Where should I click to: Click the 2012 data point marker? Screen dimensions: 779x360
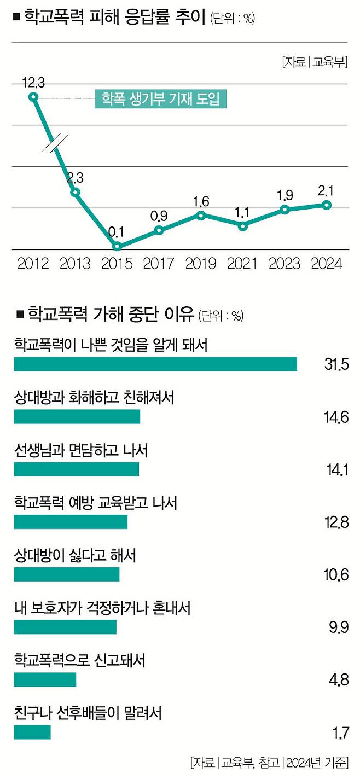(x=33, y=97)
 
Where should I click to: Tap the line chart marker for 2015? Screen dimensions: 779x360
(x=117, y=246)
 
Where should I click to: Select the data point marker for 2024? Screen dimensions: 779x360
(x=327, y=205)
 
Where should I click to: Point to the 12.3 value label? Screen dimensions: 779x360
(x=33, y=83)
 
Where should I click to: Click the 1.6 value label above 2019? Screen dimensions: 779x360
(x=201, y=201)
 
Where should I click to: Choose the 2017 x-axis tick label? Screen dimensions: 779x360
(x=159, y=264)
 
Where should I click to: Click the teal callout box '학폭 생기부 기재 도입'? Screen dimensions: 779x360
(x=160, y=98)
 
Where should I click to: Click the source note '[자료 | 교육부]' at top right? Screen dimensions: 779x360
(x=315, y=62)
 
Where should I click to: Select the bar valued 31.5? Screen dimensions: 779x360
(x=155, y=364)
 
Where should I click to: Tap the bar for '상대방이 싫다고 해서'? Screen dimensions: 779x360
(x=66, y=574)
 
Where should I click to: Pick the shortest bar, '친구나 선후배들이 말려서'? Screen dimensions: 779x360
(x=32, y=732)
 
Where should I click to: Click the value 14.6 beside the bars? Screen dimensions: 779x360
(x=335, y=417)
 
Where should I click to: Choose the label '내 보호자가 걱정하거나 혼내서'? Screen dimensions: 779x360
(x=102, y=608)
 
